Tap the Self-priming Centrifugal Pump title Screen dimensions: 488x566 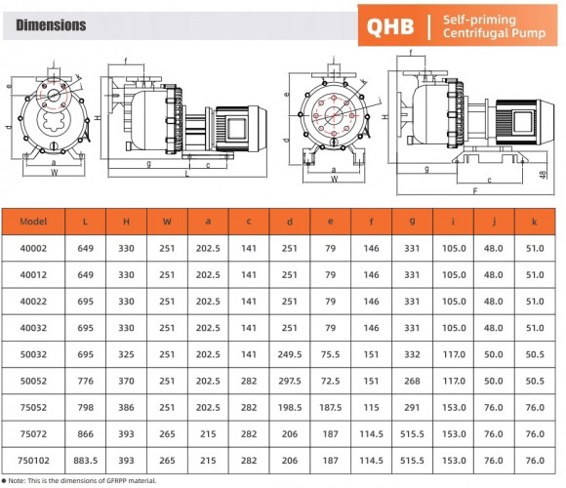pyautogui.click(x=487, y=26)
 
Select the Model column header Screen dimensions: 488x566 pyautogui.click(x=33, y=222)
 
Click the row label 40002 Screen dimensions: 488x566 pyautogui.click(x=33, y=249)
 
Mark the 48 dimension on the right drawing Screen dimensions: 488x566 pyautogui.click(x=551, y=174)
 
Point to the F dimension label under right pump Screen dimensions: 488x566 pyautogui.click(x=475, y=192)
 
